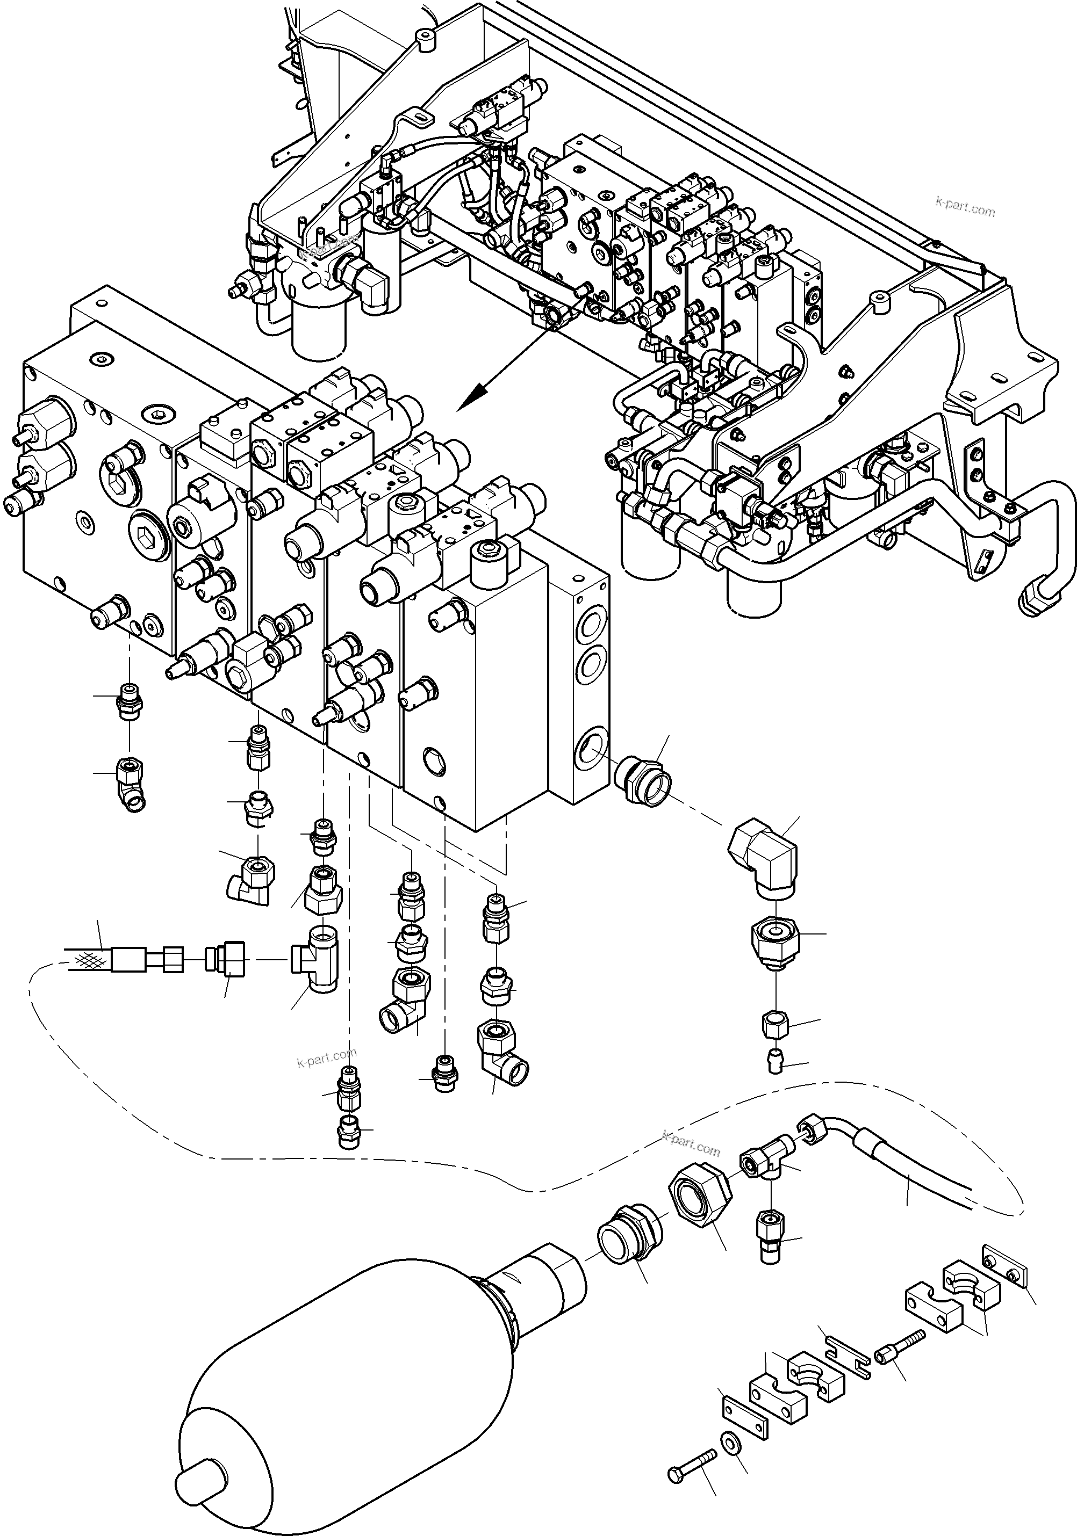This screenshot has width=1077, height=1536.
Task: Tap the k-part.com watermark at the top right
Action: (965, 207)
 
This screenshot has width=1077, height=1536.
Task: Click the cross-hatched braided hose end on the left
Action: (87, 961)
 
